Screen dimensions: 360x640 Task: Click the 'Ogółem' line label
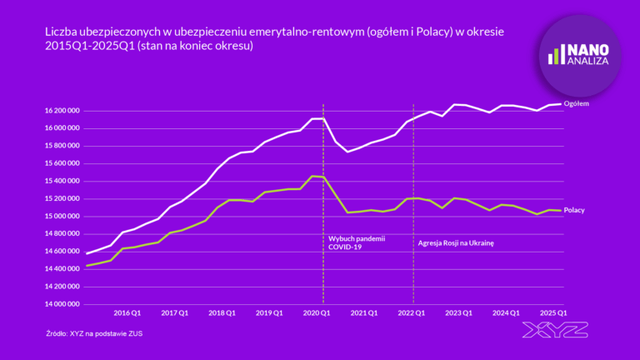coord(577,103)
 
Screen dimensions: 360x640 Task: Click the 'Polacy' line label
coord(574,210)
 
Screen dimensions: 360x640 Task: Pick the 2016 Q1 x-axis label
coord(127,312)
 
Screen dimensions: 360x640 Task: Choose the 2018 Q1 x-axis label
coord(221,312)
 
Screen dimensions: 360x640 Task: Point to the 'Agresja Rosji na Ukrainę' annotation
coord(456,242)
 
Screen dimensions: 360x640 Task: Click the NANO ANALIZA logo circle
coord(580,56)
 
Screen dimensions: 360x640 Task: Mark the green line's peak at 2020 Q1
coord(312,176)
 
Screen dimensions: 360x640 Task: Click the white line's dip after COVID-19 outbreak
coord(347,151)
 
